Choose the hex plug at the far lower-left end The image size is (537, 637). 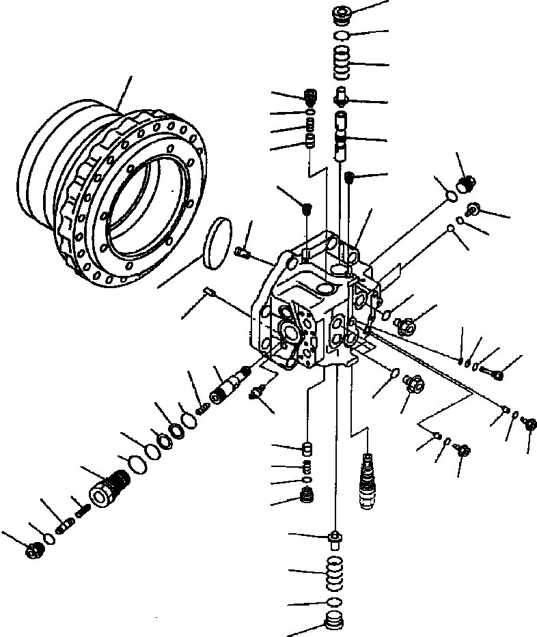tap(32, 550)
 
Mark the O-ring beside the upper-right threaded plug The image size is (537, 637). tap(450, 197)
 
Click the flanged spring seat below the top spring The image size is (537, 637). tap(342, 98)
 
